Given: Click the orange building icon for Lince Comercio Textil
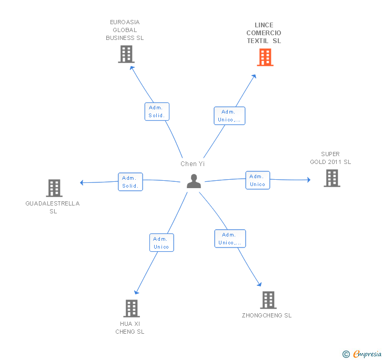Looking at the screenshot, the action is tap(265, 57).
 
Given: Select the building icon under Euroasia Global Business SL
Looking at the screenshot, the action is tap(126, 54).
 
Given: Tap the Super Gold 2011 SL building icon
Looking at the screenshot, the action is tap(332, 178).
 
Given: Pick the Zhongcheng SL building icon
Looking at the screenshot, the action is tap(268, 300).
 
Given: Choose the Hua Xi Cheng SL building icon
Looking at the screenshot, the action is tap(132, 308).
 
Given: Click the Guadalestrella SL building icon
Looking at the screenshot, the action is tap(54, 188).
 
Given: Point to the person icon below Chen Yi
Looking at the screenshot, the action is tap(194, 181).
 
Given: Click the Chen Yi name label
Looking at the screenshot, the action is tap(193, 164).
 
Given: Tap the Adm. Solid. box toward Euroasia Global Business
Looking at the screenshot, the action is tap(157, 111).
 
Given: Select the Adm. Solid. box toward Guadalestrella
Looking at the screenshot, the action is tap(130, 182).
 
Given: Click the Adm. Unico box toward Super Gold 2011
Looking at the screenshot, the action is tap(258, 180).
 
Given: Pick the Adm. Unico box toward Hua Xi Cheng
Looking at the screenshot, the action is tap(162, 243).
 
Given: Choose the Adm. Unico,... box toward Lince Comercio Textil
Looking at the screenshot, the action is tap(229, 116).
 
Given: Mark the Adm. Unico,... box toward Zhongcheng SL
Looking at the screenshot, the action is tap(230, 239).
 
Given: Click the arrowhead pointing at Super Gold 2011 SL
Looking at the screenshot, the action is tap(309, 180).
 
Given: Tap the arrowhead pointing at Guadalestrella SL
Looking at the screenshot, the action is tap(82, 182).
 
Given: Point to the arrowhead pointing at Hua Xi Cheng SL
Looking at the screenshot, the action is tap(136, 292).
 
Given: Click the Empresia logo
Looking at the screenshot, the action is tap(362, 354).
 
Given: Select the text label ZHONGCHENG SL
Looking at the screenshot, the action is tap(267, 315).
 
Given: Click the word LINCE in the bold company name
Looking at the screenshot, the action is tap(264, 25).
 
